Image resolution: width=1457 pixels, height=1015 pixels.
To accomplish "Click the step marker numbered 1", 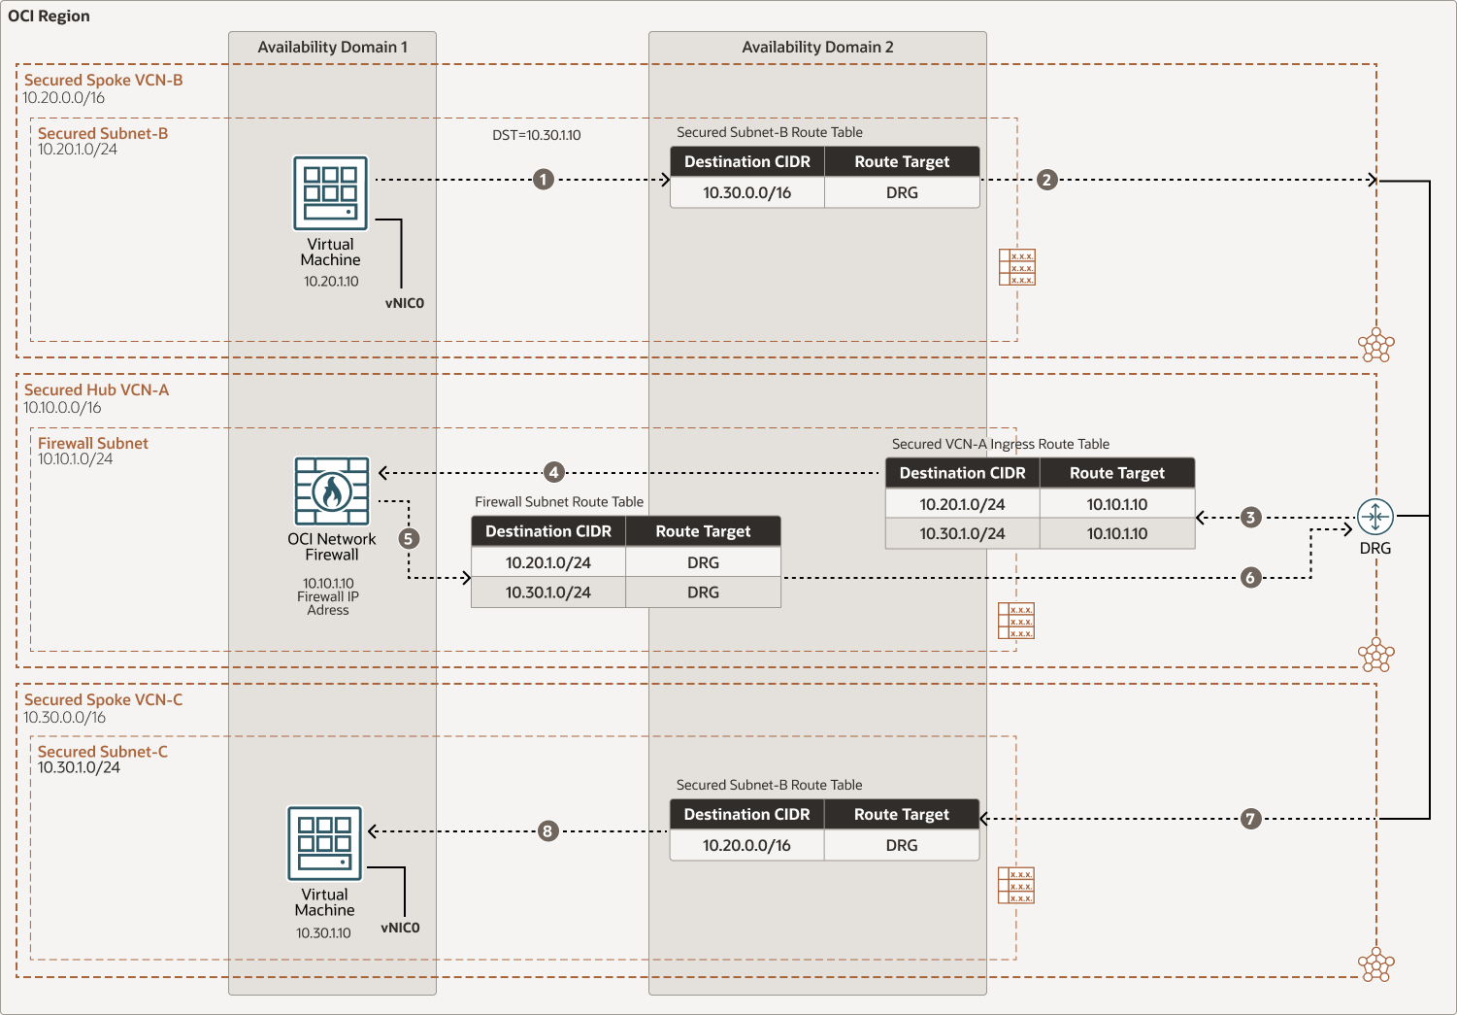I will (544, 180).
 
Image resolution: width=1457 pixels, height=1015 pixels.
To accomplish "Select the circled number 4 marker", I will (553, 473).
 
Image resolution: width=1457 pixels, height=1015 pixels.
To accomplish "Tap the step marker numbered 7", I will (1250, 819).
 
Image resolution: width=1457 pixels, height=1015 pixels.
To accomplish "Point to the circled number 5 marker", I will (409, 538).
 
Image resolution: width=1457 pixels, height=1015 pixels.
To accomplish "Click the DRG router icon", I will (1374, 517).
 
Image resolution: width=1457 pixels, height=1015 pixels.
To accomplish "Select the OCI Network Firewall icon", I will (332, 491).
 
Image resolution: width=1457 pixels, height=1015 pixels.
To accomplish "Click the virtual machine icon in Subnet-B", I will (331, 192).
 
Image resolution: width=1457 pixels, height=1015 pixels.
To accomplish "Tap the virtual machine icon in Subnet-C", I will (325, 843).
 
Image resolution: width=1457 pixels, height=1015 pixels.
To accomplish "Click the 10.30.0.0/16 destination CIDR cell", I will (747, 192).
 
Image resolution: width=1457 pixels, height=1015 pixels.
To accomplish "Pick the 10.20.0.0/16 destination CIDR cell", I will (747, 845).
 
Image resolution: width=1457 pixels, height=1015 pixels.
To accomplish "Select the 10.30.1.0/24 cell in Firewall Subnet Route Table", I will (548, 592).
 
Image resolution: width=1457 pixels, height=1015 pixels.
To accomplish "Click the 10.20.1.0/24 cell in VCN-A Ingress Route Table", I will (962, 504).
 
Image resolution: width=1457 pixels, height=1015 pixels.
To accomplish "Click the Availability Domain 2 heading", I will (817, 47).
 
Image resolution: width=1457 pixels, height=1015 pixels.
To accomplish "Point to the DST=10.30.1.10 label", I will (536, 135).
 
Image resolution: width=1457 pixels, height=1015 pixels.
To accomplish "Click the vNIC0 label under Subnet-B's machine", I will (405, 303).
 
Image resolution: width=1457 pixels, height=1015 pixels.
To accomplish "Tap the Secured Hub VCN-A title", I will (96, 389).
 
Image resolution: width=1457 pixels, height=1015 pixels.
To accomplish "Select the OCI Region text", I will (49, 16).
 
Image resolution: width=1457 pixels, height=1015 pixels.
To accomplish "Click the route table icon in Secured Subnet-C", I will (1016, 885).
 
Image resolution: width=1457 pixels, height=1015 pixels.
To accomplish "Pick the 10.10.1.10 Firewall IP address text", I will (328, 584).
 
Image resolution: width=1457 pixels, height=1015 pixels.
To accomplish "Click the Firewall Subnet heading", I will (93, 443).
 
